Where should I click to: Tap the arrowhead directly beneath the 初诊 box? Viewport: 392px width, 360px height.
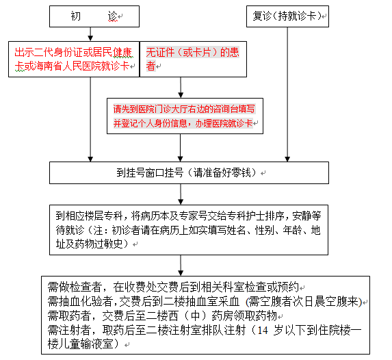point(90,38)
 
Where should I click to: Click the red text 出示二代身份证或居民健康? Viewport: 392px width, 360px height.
point(73,52)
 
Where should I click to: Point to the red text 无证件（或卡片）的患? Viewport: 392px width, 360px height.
point(193,52)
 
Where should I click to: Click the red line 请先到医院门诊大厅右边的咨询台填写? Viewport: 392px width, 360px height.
point(184,109)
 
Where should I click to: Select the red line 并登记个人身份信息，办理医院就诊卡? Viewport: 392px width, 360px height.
point(183,123)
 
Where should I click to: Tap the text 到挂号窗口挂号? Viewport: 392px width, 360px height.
point(150,172)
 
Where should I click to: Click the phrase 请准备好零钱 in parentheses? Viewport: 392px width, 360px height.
point(222,172)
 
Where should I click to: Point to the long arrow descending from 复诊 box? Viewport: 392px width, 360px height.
point(287,94)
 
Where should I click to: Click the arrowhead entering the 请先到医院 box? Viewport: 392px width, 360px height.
point(181,95)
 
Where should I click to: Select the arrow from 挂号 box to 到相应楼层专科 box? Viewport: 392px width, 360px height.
point(181,194)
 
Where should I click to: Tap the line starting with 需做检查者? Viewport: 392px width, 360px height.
point(174,287)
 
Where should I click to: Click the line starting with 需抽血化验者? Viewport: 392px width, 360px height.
point(205,301)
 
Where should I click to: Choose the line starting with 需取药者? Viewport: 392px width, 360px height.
point(162,316)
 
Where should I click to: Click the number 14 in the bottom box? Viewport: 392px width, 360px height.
point(263,331)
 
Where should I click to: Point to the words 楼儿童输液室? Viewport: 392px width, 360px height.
point(81,344)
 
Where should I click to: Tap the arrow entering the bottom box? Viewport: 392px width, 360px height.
point(181,266)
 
